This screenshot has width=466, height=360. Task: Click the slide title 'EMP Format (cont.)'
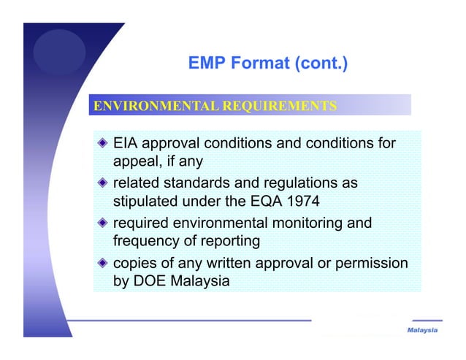pyautogui.click(x=267, y=64)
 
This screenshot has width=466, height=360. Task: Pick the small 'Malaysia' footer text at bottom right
pyautogui.click(x=422, y=331)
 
